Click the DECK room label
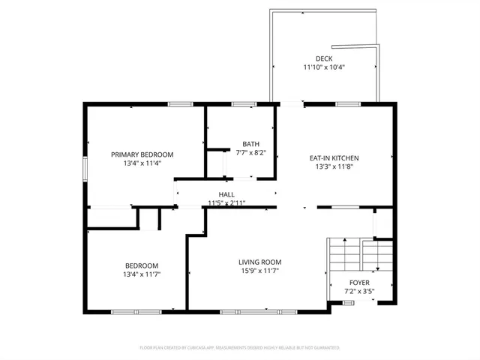coord(324,58)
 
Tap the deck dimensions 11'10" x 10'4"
coord(324,67)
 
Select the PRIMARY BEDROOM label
coord(142,154)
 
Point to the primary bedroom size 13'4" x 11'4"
coord(142,163)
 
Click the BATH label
coord(250,144)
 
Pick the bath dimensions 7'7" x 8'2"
coord(250,152)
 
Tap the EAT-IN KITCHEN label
coord(334,158)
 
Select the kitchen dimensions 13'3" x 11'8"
coord(334,166)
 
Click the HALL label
coord(227,194)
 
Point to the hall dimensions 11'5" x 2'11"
coord(227,202)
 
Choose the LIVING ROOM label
coord(260,262)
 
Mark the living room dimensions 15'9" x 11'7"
coord(260,271)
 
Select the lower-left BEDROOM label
coord(141,265)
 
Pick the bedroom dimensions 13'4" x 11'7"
coord(141,274)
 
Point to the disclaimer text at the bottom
coord(240,348)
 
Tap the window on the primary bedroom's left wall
coord(85,167)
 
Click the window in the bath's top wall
coord(242,104)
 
